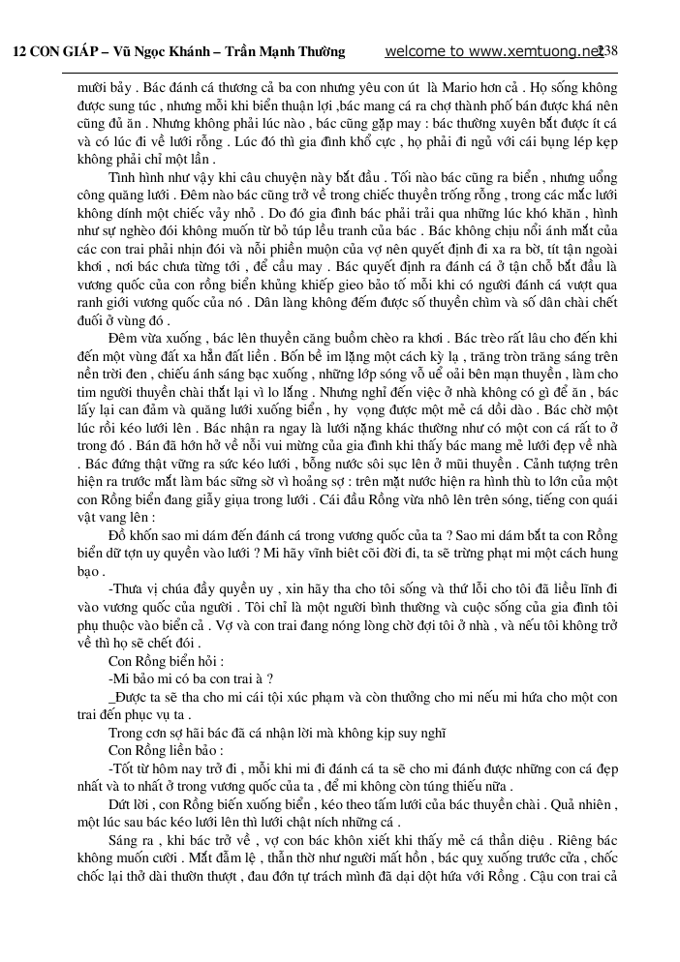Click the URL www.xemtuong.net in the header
(x=538, y=51)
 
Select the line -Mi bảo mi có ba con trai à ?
(x=190, y=678)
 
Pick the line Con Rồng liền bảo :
(x=166, y=750)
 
